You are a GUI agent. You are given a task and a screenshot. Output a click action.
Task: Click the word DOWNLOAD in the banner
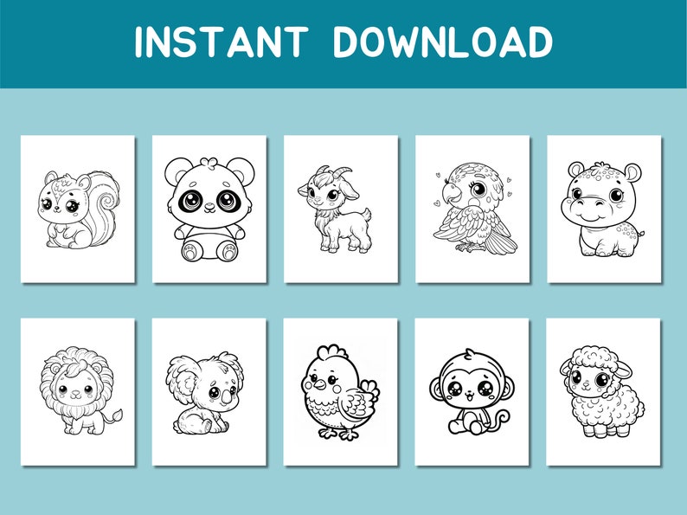(x=443, y=42)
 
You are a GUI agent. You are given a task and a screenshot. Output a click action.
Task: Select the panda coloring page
(x=209, y=208)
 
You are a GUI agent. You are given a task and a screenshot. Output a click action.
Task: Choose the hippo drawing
(x=604, y=208)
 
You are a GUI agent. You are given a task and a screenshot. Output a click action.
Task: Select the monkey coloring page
(x=472, y=391)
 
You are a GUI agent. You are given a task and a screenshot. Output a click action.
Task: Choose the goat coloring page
(x=340, y=208)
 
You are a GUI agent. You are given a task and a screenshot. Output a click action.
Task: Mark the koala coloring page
(x=209, y=391)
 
